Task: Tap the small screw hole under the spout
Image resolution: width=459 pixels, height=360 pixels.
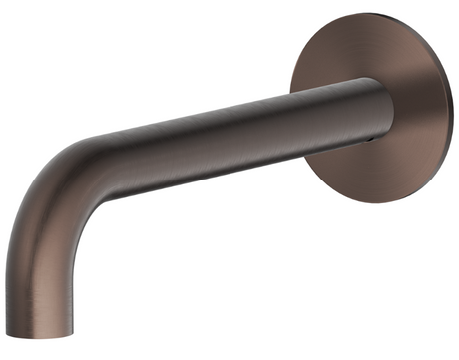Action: [x=371, y=141]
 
